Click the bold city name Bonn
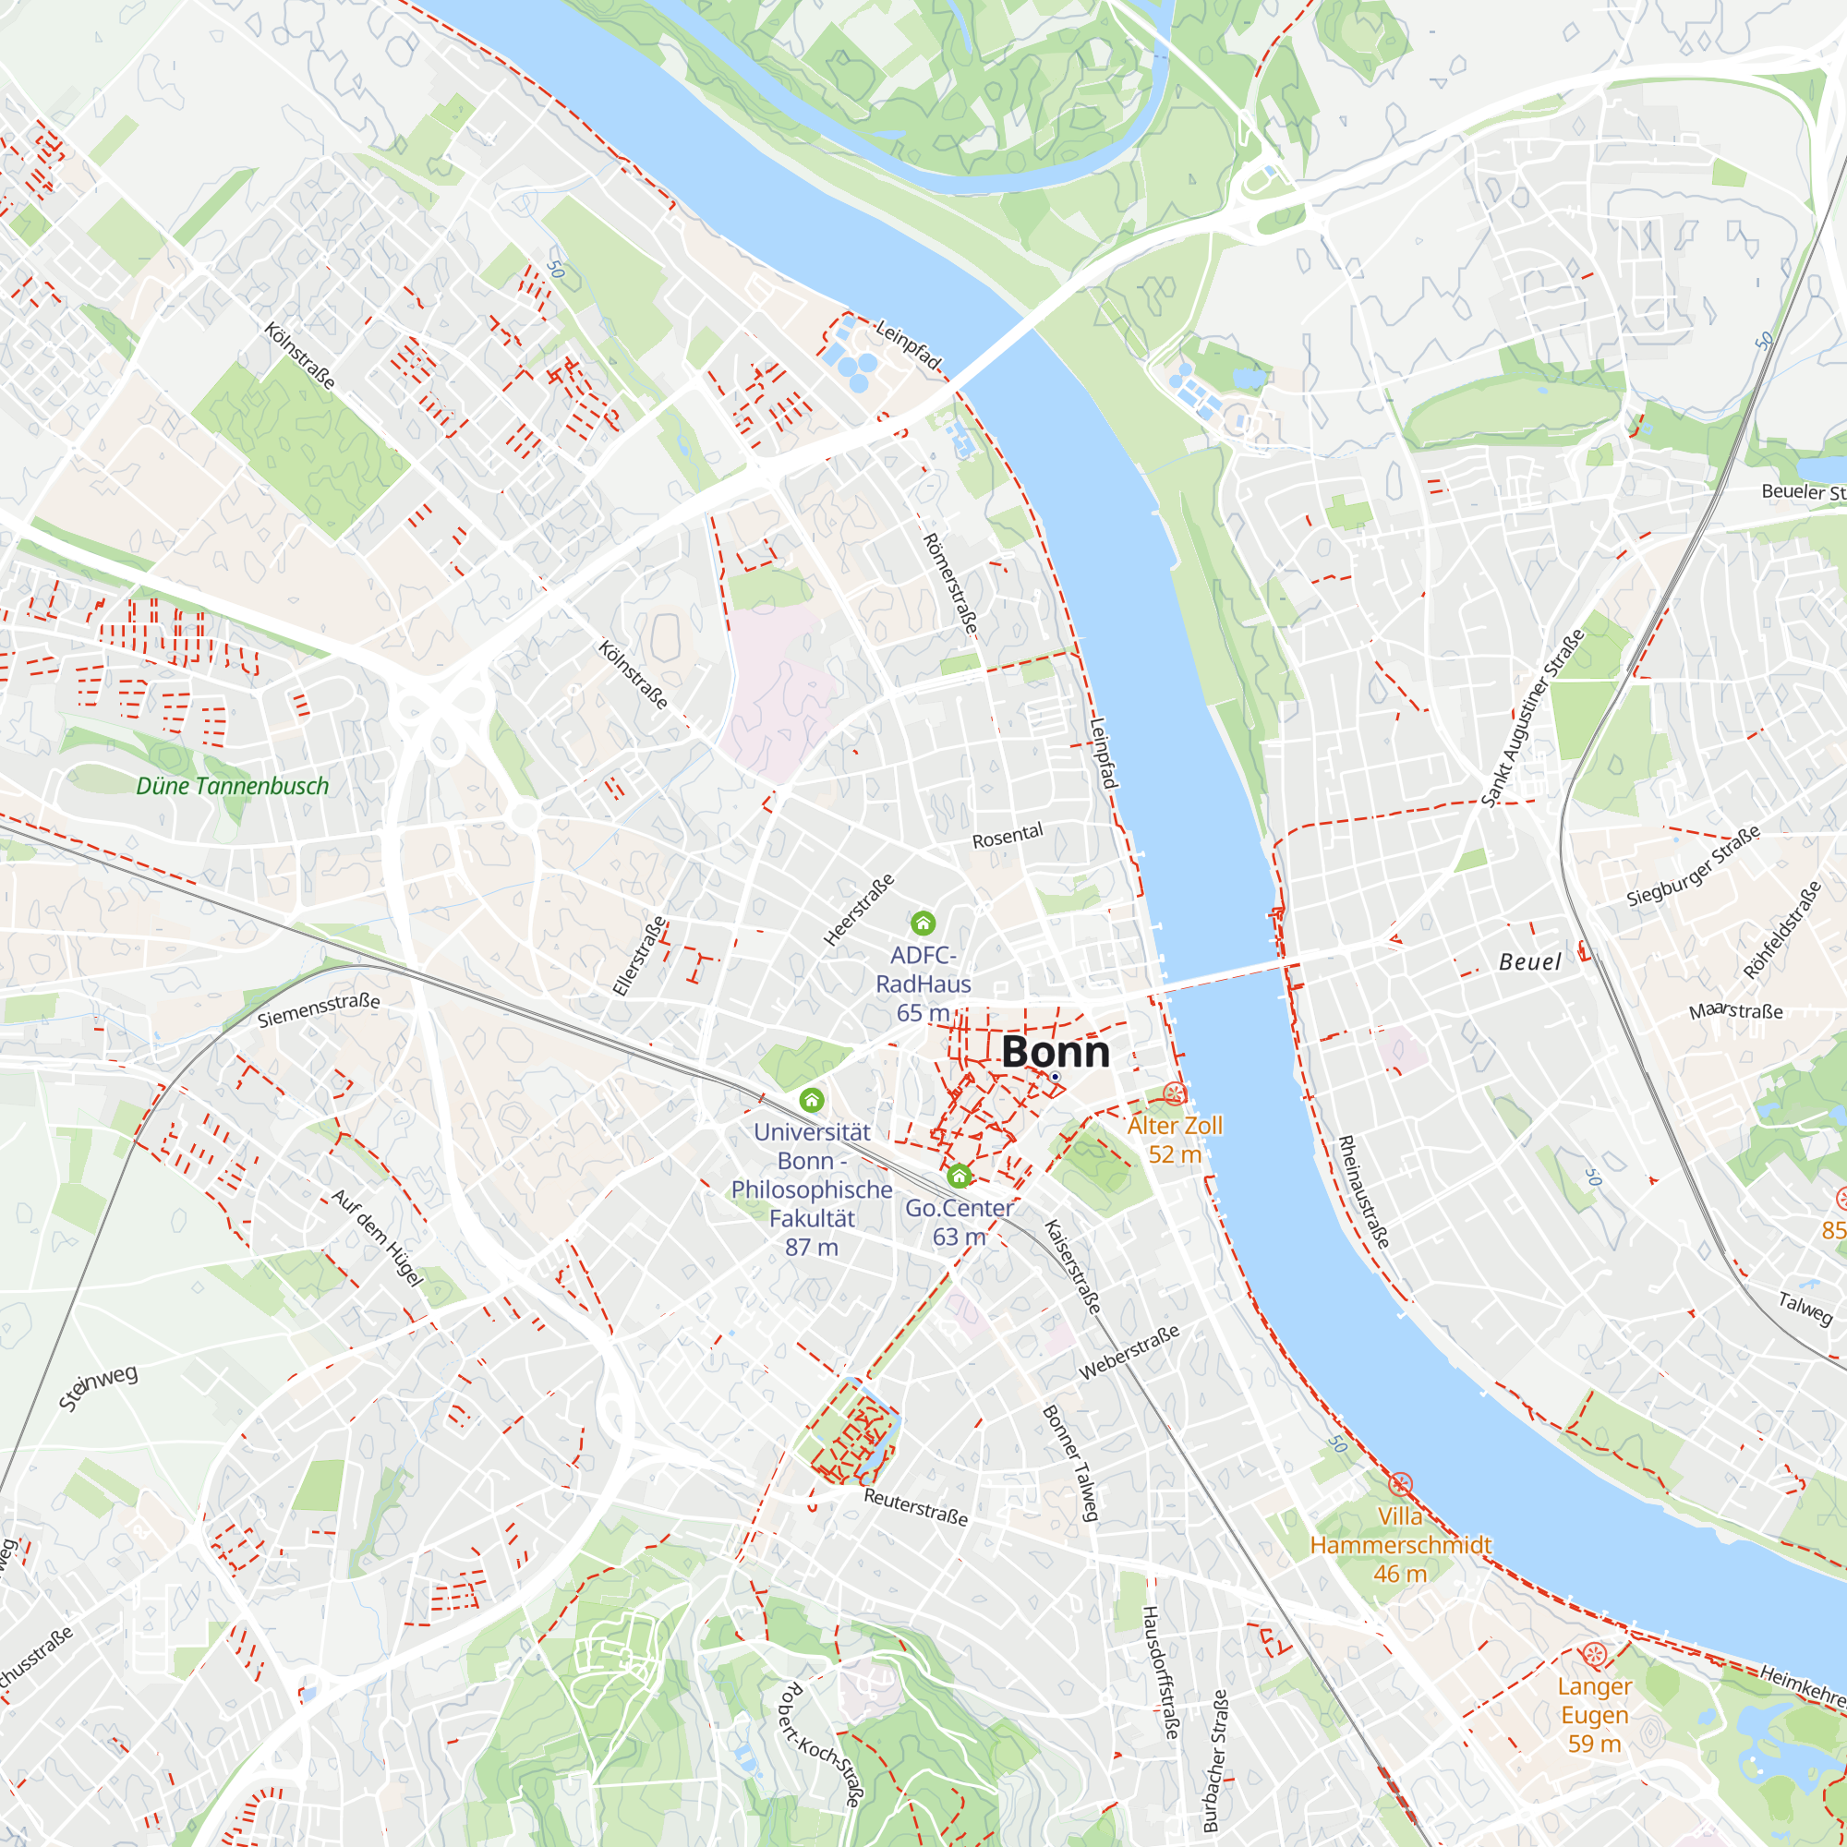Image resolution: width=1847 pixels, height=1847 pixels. pos(1056,1053)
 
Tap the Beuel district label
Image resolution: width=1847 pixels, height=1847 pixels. pos(1529,961)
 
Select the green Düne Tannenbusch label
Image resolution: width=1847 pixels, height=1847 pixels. pos(233,786)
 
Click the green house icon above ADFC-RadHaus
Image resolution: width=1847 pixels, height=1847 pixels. pos(923,923)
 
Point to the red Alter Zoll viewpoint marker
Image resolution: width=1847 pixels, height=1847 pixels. pos(1174,1093)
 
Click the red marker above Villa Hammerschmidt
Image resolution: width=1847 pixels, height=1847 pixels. pos(1400,1485)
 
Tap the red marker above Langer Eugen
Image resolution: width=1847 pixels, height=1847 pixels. pos(1594,1654)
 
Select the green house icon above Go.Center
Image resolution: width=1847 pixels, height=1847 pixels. pos(959,1175)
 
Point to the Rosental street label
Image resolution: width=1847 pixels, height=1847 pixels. pos(1008,836)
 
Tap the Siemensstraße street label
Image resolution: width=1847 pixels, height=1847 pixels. pos(319,1009)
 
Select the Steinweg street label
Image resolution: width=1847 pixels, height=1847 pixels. pos(99,1387)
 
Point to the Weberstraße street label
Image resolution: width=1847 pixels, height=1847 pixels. pos(1129,1352)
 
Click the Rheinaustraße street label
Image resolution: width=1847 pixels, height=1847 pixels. pos(1363,1191)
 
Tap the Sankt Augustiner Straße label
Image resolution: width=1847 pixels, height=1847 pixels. pos(1532,718)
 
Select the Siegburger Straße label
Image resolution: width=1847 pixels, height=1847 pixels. pos(1693,867)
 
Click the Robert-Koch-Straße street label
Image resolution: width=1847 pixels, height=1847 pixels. pos(820,1744)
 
